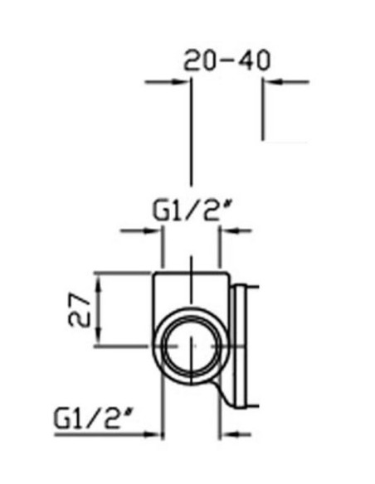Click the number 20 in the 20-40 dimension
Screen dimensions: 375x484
click(199, 60)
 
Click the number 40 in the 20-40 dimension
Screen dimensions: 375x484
click(254, 60)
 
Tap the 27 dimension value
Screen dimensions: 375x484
click(79, 310)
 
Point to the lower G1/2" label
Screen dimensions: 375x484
click(92, 418)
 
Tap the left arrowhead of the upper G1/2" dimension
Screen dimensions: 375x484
click(153, 230)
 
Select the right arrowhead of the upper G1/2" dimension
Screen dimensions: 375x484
click(229, 230)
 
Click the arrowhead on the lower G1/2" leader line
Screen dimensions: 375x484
click(153, 434)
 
